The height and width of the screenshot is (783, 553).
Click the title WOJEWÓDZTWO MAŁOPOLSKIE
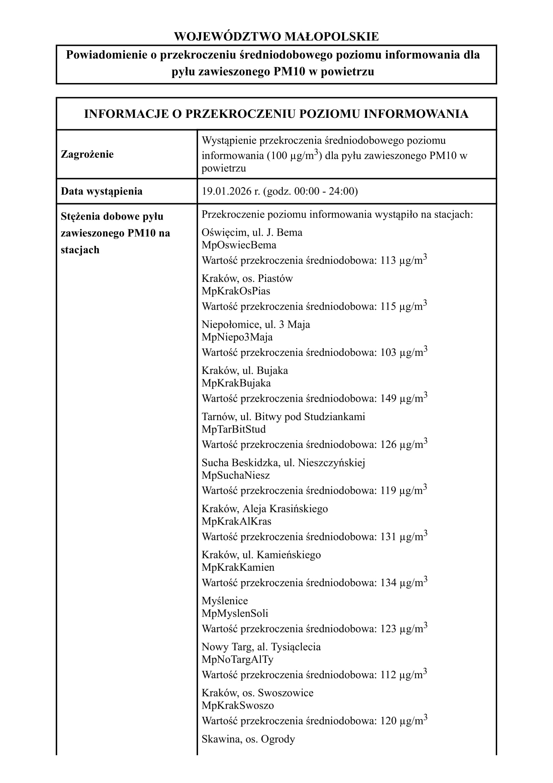pyautogui.click(x=276, y=36)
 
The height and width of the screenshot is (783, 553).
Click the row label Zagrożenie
pyautogui.click(x=87, y=154)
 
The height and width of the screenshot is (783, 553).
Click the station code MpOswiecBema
pyautogui.click(x=239, y=245)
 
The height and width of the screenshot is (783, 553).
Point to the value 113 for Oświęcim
pyautogui.click(x=388, y=260)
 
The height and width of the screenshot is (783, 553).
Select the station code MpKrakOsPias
pyautogui.click(x=236, y=291)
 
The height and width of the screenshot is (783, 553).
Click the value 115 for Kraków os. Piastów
pyautogui.click(x=388, y=307)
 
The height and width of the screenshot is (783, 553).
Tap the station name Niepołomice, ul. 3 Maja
pyautogui.click(x=256, y=324)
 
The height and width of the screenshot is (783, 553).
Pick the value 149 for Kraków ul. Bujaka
pyautogui.click(x=388, y=399)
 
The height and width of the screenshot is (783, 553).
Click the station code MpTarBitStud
pyautogui.click(x=234, y=429)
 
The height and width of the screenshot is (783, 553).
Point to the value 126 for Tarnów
pyautogui.click(x=388, y=445)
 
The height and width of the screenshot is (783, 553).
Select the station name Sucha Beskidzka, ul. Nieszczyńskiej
pyautogui.click(x=283, y=463)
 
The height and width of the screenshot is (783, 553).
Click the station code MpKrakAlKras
pyautogui.click(x=237, y=521)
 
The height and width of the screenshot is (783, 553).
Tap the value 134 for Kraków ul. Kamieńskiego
pyautogui.click(x=388, y=583)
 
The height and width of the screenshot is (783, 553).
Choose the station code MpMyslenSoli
pyautogui.click(x=235, y=613)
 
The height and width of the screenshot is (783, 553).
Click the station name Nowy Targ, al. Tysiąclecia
pyautogui.click(x=261, y=647)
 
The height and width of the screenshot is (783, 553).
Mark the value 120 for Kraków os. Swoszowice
pyautogui.click(x=388, y=721)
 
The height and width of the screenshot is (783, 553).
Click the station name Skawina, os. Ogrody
pyautogui.click(x=248, y=739)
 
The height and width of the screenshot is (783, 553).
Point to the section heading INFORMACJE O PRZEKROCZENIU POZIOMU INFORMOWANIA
pyautogui.click(x=276, y=114)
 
